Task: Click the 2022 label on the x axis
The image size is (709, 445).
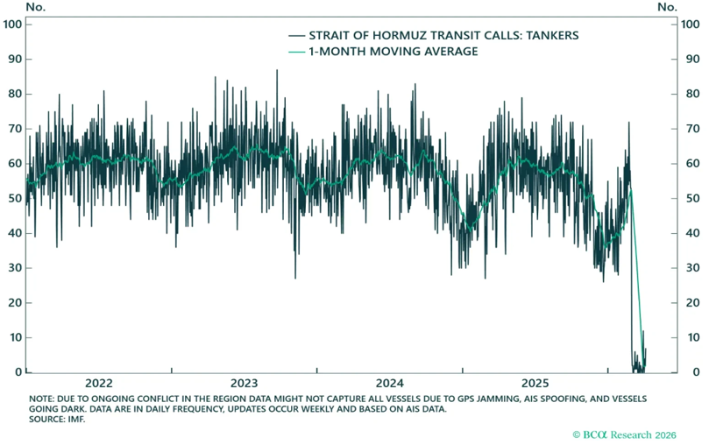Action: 98,384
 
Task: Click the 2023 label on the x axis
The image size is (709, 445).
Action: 244,384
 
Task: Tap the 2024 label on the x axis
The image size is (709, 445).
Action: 389,384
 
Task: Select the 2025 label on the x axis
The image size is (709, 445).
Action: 535,384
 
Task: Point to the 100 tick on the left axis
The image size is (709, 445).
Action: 12,24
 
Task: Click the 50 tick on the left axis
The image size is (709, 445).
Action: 15,198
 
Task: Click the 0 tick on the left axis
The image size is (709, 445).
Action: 18,372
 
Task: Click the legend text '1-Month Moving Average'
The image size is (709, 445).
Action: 391,53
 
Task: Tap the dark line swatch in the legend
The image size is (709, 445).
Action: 296,35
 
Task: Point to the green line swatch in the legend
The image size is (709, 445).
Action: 296,53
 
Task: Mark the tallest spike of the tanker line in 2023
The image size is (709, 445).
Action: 277,71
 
